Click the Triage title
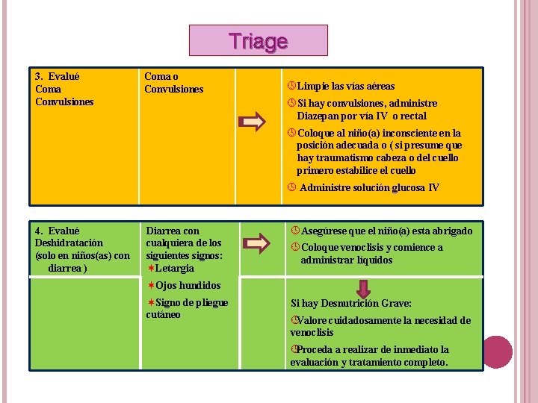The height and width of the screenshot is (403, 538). (258, 41)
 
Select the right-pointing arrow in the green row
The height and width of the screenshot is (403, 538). (256, 243)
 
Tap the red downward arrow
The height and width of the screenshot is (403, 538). (363, 288)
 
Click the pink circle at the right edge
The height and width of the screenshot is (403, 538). (498, 352)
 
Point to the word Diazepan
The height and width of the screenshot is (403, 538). (319, 116)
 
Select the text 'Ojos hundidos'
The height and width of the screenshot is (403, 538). (188, 285)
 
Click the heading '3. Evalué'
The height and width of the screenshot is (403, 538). (58, 76)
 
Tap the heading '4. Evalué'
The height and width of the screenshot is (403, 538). (58, 231)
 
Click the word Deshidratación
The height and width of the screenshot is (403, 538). (69, 243)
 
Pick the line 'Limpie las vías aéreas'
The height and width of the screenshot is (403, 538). (345, 87)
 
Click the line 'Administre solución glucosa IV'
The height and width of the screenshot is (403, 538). (369, 187)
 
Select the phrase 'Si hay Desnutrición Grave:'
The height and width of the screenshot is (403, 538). (350, 304)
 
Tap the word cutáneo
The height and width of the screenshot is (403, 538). (163, 314)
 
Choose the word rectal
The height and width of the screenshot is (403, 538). (413, 116)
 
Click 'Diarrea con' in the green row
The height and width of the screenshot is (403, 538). (173, 231)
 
